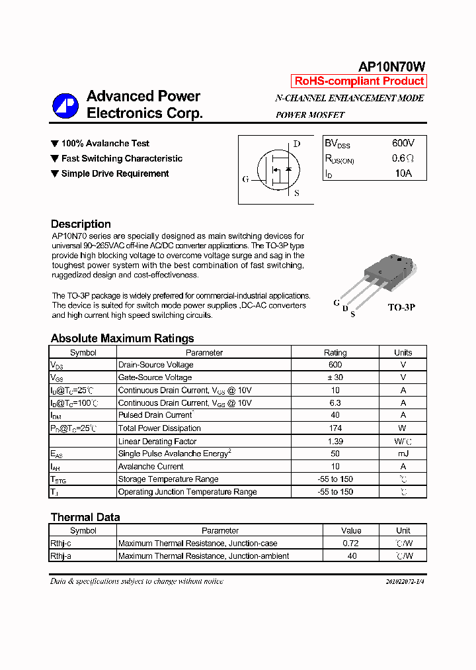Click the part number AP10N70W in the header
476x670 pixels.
(x=391, y=66)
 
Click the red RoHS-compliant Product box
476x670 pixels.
(x=359, y=81)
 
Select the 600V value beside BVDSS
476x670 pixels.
(x=403, y=143)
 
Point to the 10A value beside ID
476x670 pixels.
(x=403, y=173)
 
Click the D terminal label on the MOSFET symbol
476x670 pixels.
(x=297, y=144)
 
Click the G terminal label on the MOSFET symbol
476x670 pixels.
(x=245, y=179)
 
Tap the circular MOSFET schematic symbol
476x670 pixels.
(x=277, y=171)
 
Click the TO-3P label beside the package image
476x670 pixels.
(x=401, y=308)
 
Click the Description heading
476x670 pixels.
(x=81, y=224)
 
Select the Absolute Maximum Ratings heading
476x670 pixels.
(x=122, y=338)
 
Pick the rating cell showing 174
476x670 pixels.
(x=335, y=428)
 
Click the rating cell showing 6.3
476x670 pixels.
(x=335, y=403)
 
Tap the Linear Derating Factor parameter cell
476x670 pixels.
(x=157, y=442)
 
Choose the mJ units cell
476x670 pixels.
(x=403, y=454)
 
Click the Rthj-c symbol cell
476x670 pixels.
(x=61, y=544)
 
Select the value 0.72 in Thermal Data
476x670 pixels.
(x=352, y=544)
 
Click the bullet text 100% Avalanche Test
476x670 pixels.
(x=105, y=144)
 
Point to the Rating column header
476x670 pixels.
(x=335, y=353)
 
